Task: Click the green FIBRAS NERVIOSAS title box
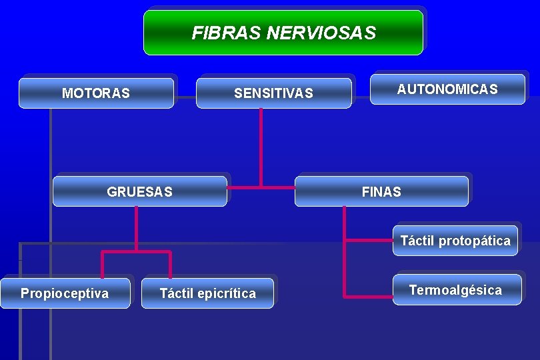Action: tap(283, 32)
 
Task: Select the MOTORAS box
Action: tap(96, 93)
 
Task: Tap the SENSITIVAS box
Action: tap(273, 93)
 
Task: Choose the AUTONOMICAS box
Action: tap(447, 89)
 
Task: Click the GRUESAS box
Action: tap(139, 192)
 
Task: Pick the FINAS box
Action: tap(381, 192)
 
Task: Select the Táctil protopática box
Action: tap(455, 241)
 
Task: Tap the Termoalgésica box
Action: tap(456, 290)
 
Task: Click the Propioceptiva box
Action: tap(65, 293)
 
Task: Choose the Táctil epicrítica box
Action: tap(207, 293)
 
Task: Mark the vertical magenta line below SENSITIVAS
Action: tap(261, 147)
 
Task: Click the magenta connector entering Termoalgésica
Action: tap(368, 295)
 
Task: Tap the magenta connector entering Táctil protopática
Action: tap(371, 239)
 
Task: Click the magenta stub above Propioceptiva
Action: tap(102, 265)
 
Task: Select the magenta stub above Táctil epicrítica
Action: tap(170, 265)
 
